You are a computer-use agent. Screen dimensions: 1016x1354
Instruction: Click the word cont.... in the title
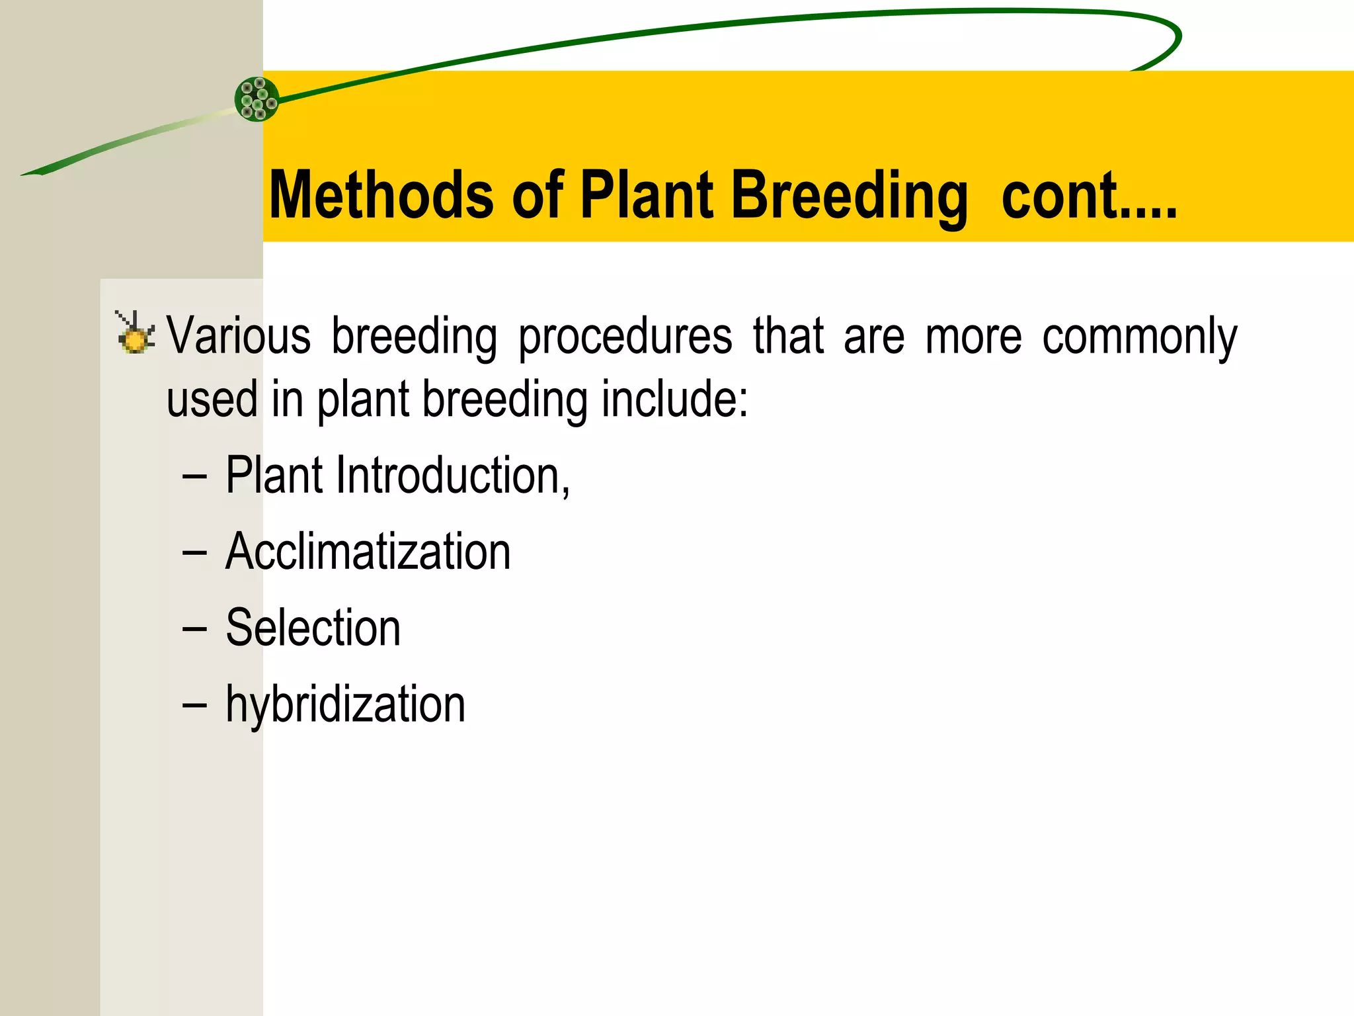pos(1089,196)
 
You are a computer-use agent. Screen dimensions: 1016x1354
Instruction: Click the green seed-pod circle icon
pos(257,99)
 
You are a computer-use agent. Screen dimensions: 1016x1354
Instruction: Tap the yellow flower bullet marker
pos(136,335)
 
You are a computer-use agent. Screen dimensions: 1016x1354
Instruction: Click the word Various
pos(239,336)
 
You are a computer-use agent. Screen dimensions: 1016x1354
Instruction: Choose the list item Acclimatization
pos(368,552)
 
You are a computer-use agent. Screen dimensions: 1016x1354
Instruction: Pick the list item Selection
pos(313,628)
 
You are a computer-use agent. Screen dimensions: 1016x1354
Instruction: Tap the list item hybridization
pos(345,705)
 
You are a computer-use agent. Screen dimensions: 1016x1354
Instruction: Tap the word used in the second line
pos(212,400)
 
